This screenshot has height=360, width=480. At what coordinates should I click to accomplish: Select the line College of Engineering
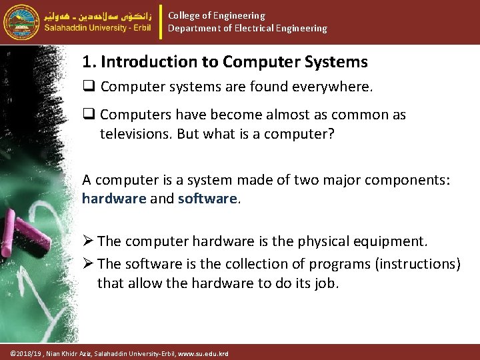(216, 15)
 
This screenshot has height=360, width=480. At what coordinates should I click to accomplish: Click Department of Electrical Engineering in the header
(247, 28)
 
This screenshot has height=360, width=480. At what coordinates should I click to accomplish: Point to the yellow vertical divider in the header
(162, 21)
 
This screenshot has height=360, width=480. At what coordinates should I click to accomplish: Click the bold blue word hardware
(113, 199)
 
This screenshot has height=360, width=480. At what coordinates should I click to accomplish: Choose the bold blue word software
(207, 199)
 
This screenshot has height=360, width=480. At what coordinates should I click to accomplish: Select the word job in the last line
(326, 283)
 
